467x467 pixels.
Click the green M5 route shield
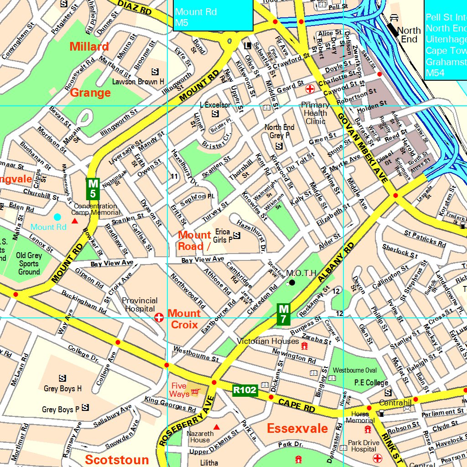[93, 189]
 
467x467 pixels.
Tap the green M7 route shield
[283, 314]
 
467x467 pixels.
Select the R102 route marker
[245, 390]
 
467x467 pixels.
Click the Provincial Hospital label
[140, 305]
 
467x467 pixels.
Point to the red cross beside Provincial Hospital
[159, 317]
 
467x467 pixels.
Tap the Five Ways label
[179, 390]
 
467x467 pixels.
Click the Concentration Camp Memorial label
[96, 209]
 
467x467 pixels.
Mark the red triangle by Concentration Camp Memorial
[75, 221]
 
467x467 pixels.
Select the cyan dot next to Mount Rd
[57, 217]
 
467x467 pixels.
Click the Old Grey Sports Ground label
[29, 264]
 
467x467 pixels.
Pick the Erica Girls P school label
[223, 236]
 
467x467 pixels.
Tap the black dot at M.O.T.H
[292, 283]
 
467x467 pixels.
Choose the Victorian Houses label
[268, 341]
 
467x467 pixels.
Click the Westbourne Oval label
[355, 370]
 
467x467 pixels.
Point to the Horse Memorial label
[360, 417]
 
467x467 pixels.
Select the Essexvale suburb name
[297, 428]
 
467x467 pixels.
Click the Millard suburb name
[89, 47]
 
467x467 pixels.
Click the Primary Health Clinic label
[315, 113]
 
